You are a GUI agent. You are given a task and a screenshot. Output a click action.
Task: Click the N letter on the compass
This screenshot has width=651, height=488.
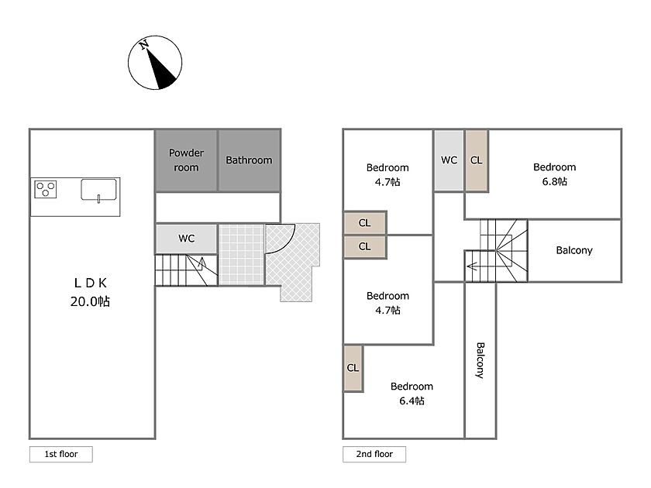point(144,44)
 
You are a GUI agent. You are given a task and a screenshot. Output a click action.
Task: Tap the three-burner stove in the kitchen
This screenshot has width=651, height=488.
point(45,189)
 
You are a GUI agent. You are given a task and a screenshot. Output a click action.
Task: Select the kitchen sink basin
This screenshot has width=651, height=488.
point(98,190)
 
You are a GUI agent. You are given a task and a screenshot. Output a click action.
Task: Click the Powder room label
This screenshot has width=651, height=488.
point(186,160)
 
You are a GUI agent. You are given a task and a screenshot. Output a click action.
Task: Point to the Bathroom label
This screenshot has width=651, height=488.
point(249,160)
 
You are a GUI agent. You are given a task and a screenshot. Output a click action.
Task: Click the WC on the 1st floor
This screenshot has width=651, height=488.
point(187,239)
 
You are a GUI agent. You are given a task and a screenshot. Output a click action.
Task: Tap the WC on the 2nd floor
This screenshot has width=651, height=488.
point(449,160)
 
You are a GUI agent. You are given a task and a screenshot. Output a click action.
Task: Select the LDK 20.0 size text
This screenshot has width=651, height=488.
point(90,301)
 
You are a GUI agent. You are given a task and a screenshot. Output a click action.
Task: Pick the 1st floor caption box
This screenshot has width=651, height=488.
point(61,454)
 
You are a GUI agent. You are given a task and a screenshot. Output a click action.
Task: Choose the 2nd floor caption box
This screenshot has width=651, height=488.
point(374,454)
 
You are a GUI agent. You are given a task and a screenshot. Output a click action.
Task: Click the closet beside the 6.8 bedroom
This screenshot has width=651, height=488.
point(476,160)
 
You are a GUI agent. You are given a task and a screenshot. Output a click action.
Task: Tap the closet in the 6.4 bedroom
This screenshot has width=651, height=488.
point(353,368)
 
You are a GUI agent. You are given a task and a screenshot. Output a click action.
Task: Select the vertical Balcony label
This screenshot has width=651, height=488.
point(480,360)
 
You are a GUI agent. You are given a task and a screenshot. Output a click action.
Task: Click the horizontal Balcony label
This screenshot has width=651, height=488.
point(574,250)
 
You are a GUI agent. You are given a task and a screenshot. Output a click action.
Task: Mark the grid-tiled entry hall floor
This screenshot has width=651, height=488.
point(241,255)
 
